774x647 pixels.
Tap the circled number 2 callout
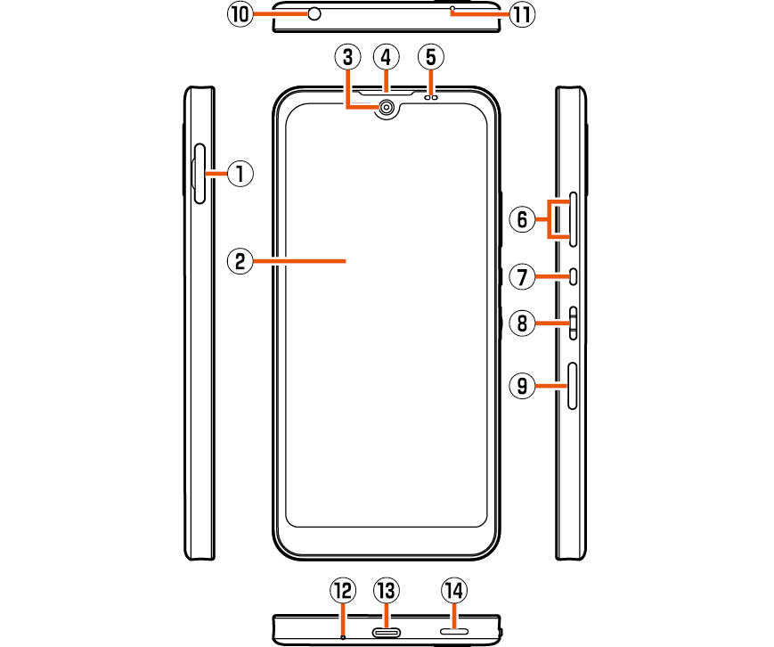point(238,261)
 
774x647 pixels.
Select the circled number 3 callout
point(347,58)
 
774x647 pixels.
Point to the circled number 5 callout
point(430,58)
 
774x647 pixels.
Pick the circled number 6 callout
point(523,218)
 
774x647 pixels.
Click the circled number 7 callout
point(523,277)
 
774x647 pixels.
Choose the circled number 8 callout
point(523,323)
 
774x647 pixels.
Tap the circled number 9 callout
point(523,386)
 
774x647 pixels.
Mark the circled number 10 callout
point(240,13)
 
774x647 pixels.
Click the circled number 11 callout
point(524,13)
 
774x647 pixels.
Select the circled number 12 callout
point(342,590)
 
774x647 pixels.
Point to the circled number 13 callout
point(386,590)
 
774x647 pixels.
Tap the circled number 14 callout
point(454,590)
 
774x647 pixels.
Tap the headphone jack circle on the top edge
point(314,13)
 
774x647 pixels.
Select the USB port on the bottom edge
point(387,633)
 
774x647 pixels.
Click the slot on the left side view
point(200,173)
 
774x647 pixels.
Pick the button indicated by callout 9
point(573,386)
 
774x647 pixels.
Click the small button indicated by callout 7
point(573,277)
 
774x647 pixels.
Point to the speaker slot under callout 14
point(454,633)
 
